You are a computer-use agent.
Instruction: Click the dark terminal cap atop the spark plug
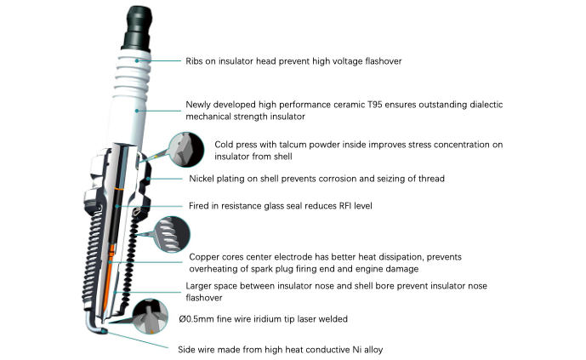(x=138, y=28)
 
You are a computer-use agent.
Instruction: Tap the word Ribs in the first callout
(x=194, y=61)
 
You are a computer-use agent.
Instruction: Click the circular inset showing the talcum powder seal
(x=185, y=149)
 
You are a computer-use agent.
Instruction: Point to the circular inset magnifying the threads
(x=172, y=234)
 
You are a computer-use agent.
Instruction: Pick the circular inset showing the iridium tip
(x=151, y=317)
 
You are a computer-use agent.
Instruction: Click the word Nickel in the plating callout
(x=201, y=179)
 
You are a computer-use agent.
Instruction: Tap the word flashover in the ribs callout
(x=384, y=61)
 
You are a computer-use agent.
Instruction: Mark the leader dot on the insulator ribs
(x=137, y=60)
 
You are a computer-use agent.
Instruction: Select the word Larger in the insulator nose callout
(x=198, y=286)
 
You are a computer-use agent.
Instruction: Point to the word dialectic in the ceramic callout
(x=486, y=105)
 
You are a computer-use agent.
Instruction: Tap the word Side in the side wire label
(x=185, y=350)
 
